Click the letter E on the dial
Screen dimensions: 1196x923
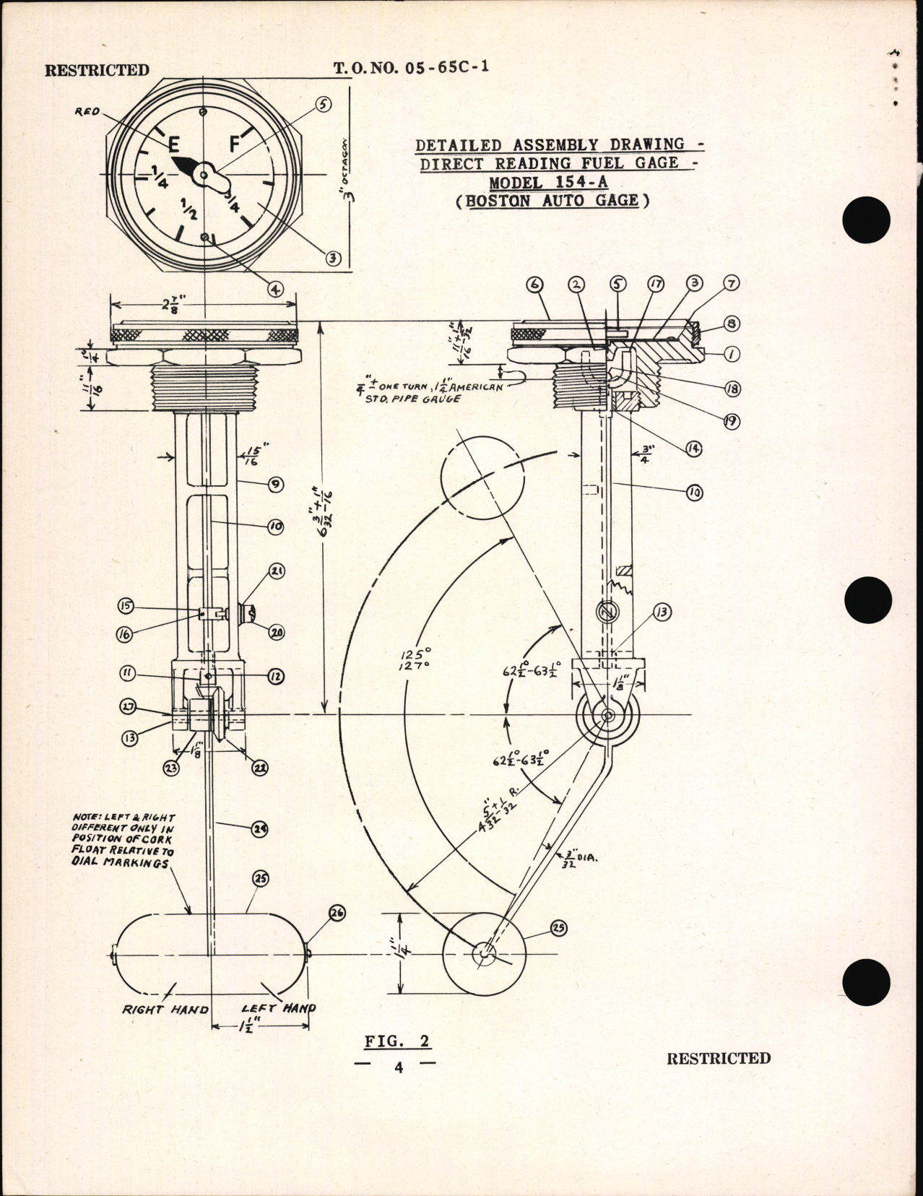tap(173, 144)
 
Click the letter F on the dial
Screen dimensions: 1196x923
tap(233, 144)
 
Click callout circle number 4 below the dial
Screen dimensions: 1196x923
tap(274, 288)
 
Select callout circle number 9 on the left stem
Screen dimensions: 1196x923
tap(274, 485)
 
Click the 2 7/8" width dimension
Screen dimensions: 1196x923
tap(202, 303)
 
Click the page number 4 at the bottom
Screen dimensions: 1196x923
tap(398, 1067)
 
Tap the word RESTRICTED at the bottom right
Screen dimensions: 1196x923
tap(718, 1058)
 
